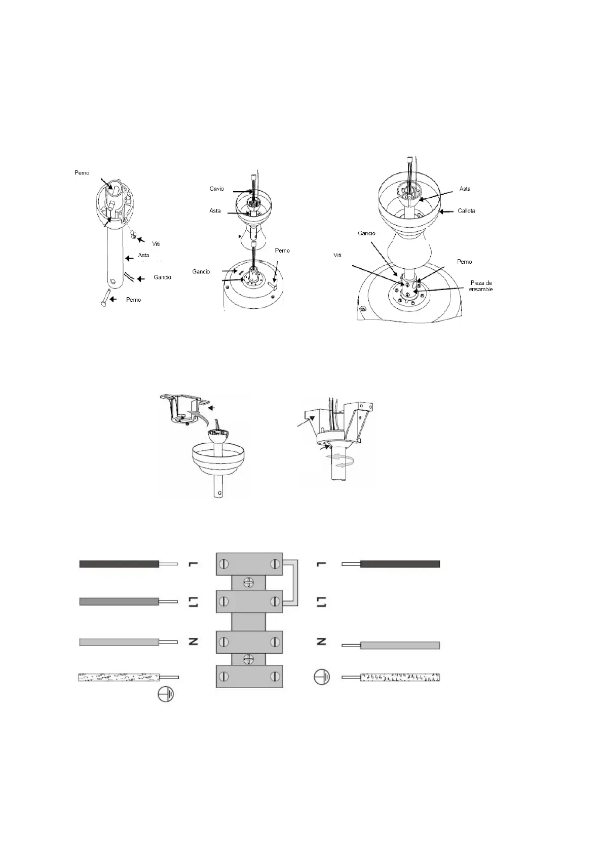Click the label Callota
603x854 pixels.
click(x=466, y=210)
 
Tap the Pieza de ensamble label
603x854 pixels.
click(x=480, y=286)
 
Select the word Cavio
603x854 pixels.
click(x=216, y=189)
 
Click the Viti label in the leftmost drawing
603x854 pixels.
click(x=156, y=244)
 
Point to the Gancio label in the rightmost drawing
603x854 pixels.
click(x=366, y=233)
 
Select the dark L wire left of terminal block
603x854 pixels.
click(x=120, y=564)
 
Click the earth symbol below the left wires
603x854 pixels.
click(x=165, y=694)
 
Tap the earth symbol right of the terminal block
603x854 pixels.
click(x=321, y=677)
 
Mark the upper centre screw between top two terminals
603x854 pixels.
click(x=248, y=582)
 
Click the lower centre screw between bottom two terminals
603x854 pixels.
click(x=248, y=659)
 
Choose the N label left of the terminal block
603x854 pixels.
click(x=193, y=642)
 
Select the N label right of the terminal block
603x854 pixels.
click(x=321, y=642)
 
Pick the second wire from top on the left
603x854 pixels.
click(x=120, y=601)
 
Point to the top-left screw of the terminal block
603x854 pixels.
click(x=224, y=564)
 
